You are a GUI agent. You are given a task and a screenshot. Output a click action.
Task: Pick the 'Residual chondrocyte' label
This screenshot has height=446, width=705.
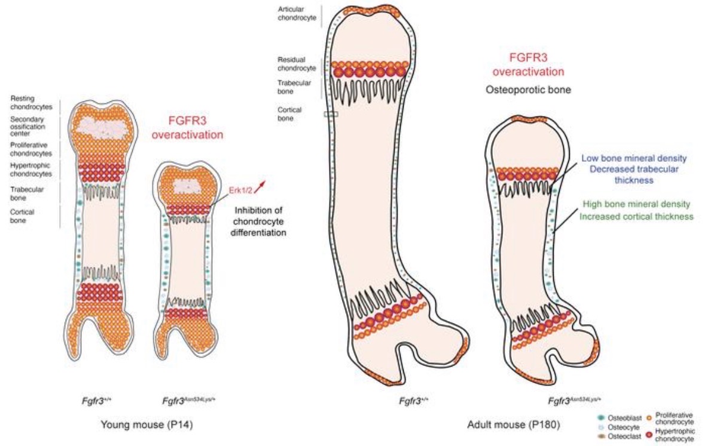297,64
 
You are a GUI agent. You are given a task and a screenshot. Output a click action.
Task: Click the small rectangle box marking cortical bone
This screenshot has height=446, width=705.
331,113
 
